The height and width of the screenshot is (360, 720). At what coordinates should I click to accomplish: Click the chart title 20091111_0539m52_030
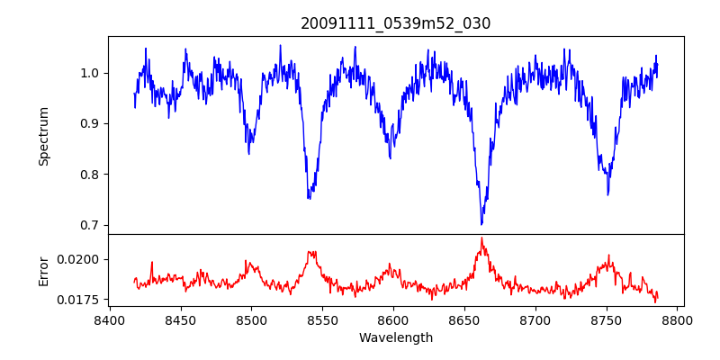point(396,23)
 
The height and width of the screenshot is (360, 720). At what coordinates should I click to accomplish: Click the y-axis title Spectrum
point(44,136)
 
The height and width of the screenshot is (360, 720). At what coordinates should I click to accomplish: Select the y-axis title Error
point(44,270)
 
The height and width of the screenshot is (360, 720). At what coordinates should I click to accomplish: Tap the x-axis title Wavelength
point(396,338)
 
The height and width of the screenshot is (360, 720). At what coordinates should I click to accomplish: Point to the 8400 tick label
point(109,319)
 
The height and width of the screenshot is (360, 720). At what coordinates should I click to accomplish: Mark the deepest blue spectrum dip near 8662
point(481,224)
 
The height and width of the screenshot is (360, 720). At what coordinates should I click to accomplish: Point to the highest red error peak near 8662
point(481,238)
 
